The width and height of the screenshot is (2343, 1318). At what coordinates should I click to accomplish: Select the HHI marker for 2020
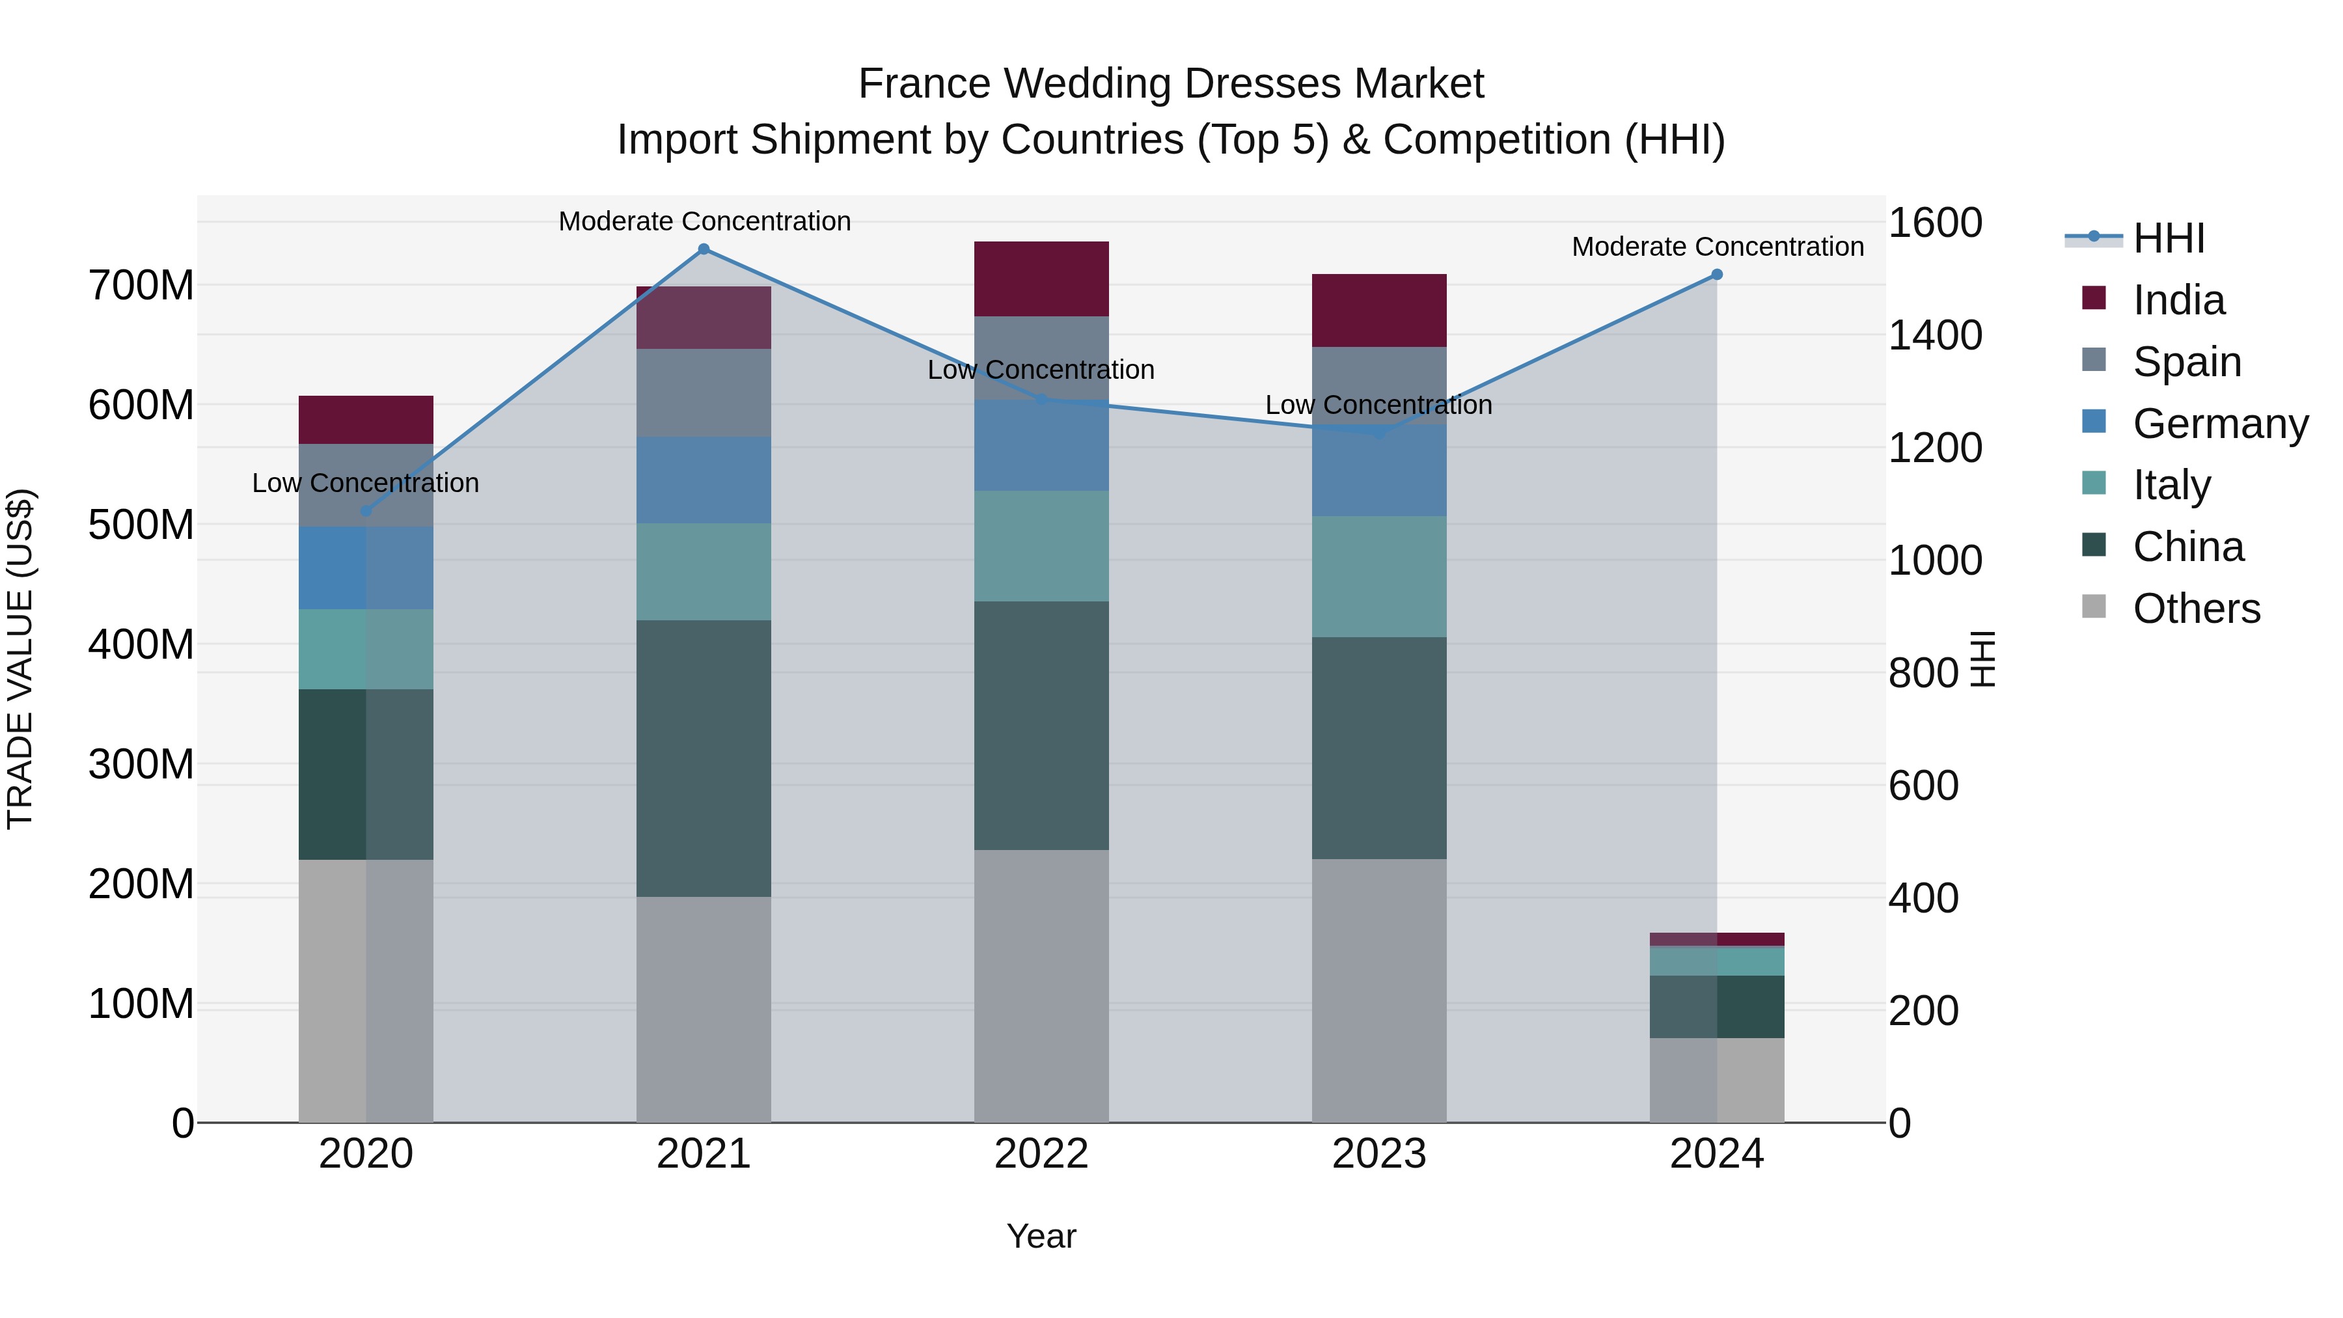(x=366, y=511)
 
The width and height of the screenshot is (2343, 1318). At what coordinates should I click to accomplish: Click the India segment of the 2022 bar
(x=1041, y=279)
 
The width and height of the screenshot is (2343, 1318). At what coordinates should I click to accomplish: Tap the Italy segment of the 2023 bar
(x=1379, y=577)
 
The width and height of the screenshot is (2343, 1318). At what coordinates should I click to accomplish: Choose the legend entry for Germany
(x=2219, y=424)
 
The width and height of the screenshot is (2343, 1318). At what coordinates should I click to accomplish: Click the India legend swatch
(x=2094, y=298)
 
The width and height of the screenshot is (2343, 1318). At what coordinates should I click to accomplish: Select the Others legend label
(x=2197, y=609)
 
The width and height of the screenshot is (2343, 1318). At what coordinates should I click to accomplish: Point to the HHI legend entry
(x=2169, y=238)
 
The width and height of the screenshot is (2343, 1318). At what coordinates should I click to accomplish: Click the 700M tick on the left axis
(x=141, y=286)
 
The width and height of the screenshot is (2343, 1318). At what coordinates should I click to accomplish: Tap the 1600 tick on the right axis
(x=1935, y=223)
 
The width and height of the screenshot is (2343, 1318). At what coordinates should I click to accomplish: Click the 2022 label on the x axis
(x=1041, y=1154)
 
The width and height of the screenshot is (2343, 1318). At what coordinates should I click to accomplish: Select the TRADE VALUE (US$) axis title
(x=20, y=659)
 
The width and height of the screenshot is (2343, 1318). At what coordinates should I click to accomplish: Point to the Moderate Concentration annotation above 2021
(x=705, y=221)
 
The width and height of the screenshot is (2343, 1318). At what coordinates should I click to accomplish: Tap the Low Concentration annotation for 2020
(x=366, y=483)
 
